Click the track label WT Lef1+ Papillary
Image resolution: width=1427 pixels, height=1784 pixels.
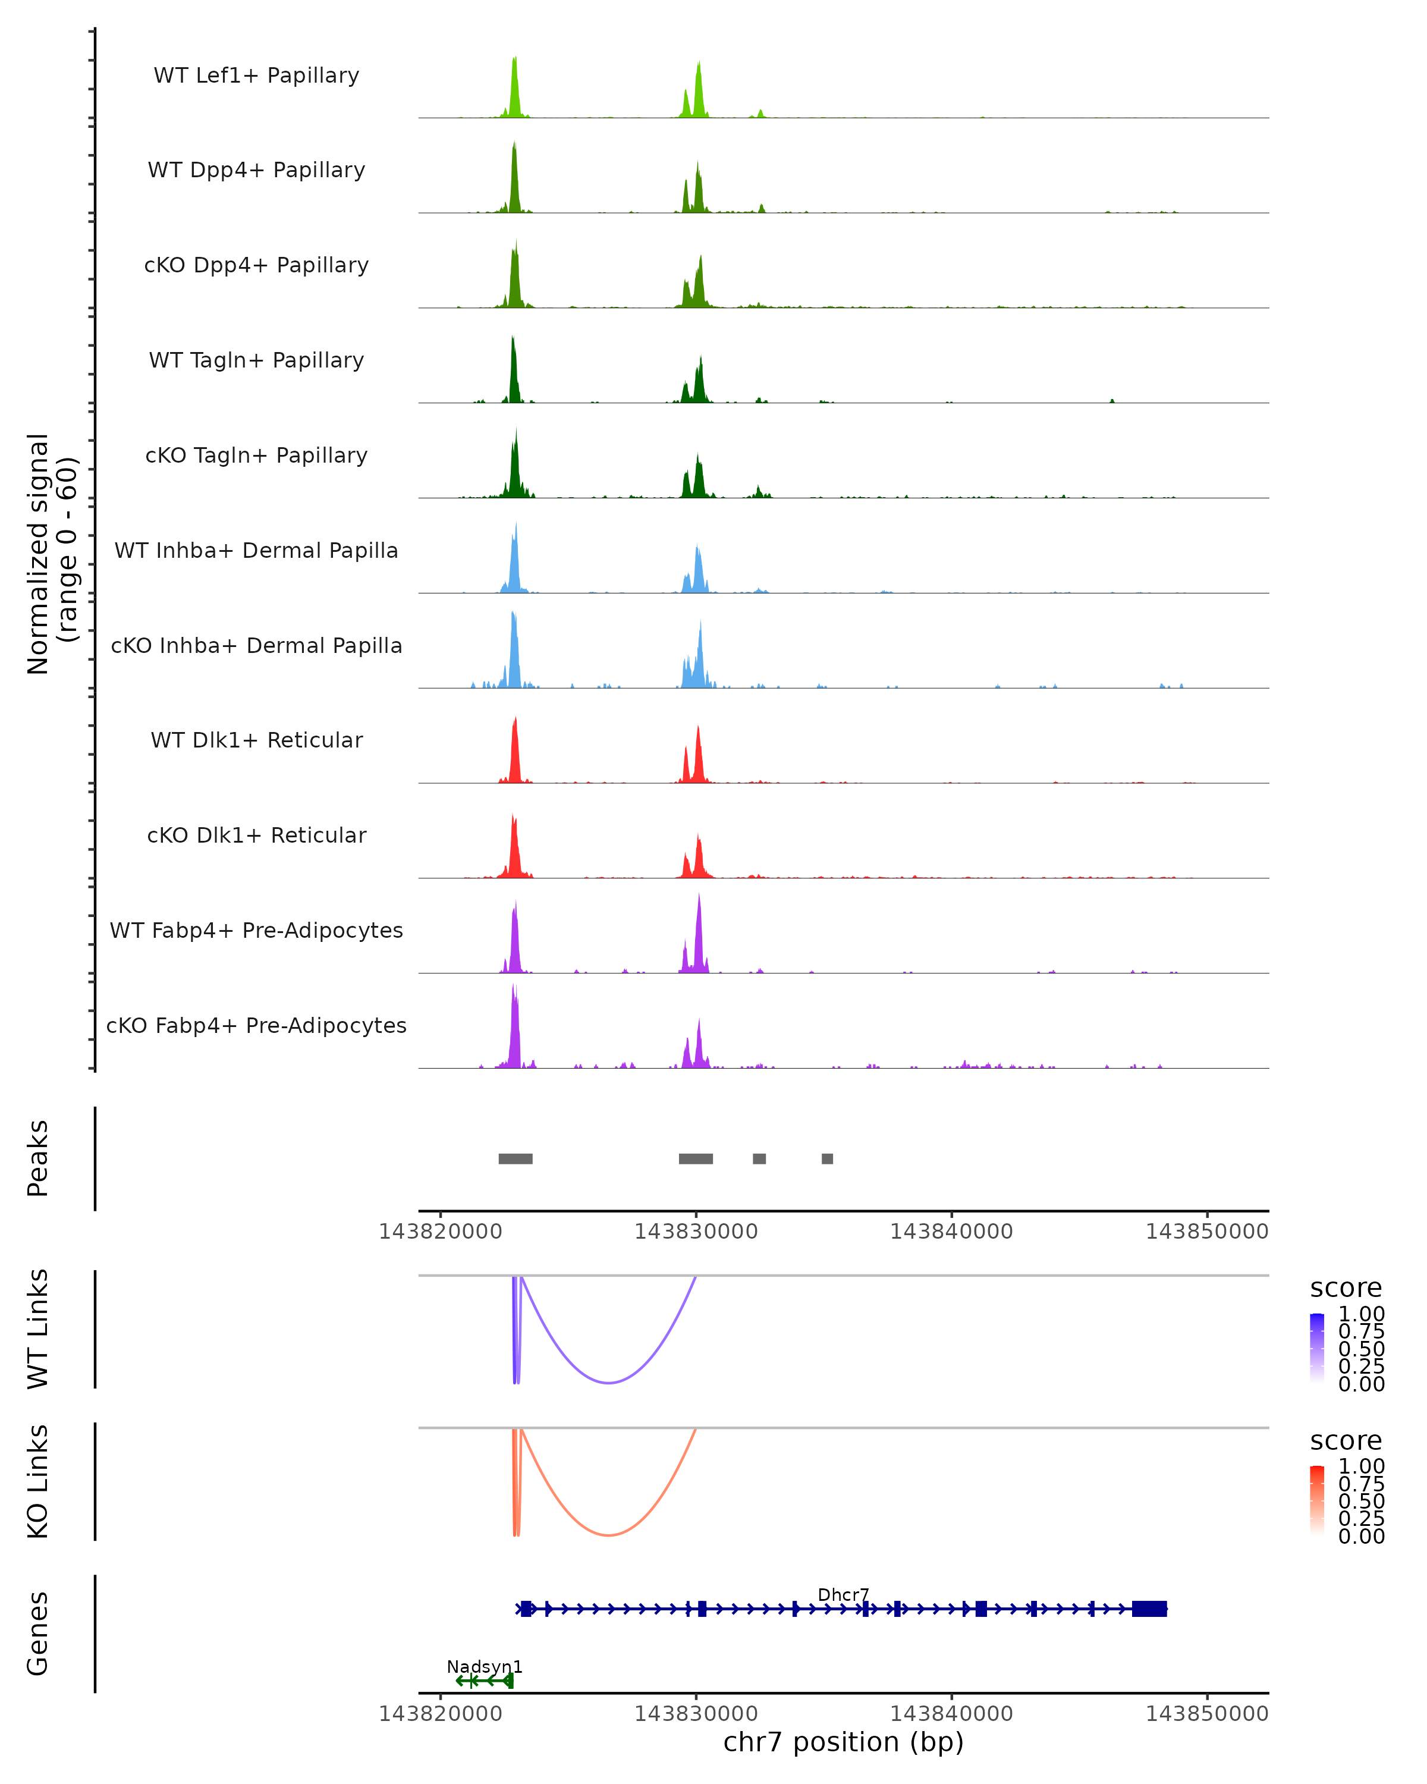pyautogui.click(x=256, y=76)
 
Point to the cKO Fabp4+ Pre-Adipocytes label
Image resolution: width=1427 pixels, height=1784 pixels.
pyautogui.click(x=256, y=1025)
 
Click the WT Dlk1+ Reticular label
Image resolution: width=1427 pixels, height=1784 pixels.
pyautogui.click(x=256, y=740)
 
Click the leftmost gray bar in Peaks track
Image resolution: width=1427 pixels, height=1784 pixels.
pyautogui.click(x=516, y=1158)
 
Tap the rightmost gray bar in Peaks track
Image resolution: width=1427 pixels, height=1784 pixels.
pyautogui.click(x=827, y=1158)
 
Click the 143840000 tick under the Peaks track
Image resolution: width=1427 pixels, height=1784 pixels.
pyautogui.click(x=951, y=1232)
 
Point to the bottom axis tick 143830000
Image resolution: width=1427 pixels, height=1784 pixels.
pyautogui.click(x=696, y=1714)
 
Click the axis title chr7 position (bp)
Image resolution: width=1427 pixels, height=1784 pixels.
pyautogui.click(x=843, y=1742)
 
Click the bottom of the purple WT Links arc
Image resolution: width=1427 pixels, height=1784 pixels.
pyautogui.click(x=608, y=1382)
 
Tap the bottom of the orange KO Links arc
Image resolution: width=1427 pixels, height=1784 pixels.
pyautogui.click(x=608, y=1535)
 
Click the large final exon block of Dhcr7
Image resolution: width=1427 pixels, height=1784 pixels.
pyautogui.click(x=1149, y=1609)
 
